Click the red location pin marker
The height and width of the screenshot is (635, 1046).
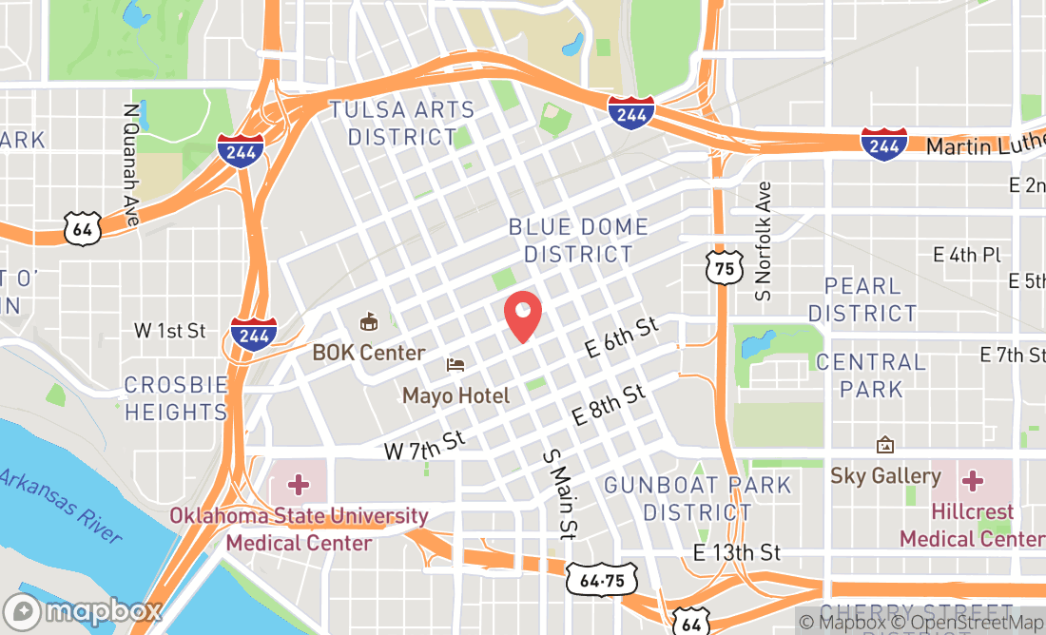click(522, 316)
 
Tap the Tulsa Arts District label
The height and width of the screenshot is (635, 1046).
click(402, 124)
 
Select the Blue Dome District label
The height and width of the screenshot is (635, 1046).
click(578, 241)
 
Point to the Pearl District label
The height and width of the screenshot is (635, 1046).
click(862, 299)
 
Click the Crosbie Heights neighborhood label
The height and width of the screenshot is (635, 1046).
click(177, 398)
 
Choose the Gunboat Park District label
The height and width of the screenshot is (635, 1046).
click(698, 498)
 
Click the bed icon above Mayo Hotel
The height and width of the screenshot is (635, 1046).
click(456, 365)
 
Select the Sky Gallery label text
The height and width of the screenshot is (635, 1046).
click(885, 475)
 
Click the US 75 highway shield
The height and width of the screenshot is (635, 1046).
click(725, 269)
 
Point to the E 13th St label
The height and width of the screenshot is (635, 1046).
click(736, 552)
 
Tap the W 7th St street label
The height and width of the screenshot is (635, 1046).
click(425, 445)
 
